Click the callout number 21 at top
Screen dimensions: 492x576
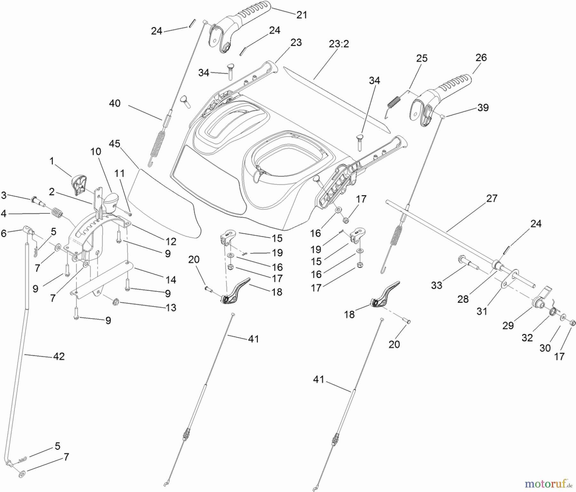point(301,15)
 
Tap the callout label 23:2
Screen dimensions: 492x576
point(339,44)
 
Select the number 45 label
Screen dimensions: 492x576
point(115,144)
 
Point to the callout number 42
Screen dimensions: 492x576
point(59,356)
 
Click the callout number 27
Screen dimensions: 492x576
point(492,198)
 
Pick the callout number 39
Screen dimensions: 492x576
point(483,107)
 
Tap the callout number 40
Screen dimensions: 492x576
point(115,103)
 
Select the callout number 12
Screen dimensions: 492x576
point(171,242)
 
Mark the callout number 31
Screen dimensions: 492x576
point(482,311)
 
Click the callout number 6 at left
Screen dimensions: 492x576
point(4,233)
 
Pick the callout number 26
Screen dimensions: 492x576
point(481,58)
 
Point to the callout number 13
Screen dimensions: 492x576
point(171,308)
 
